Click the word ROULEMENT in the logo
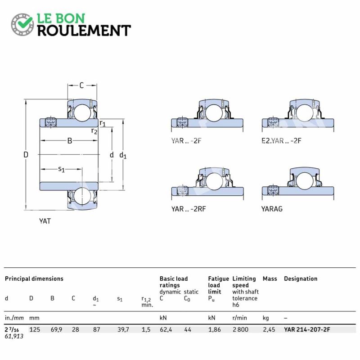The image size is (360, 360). (x=84, y=31)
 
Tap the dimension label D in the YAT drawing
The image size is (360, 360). (x=26, y=154)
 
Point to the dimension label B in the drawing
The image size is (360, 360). (x=70, y=140)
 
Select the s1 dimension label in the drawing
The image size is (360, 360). (x=61, y=170)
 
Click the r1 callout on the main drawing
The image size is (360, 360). (x=103, y=123)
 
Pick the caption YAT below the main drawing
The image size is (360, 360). (x=45, y=221)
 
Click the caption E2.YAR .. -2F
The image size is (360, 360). (x=281, y=140)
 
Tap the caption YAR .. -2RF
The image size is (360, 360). (x=189, y=209)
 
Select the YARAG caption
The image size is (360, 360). (x=272, y=209)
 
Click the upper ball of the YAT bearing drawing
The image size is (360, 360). (x=82, y=113)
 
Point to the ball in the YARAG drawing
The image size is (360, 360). (x=305, y=181)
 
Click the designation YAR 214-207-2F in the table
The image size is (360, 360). (x=307, y=329)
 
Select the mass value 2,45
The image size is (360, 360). (x=269, y=330)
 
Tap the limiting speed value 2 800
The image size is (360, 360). (x=240, y=329)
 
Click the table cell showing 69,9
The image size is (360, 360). (x=57, y=330)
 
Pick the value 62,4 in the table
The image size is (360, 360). (x=166, y=330)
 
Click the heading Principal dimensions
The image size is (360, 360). (x=34, y=279)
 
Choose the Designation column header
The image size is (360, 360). (x=301, y=279)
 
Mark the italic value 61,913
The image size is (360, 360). (x=14, y=336)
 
